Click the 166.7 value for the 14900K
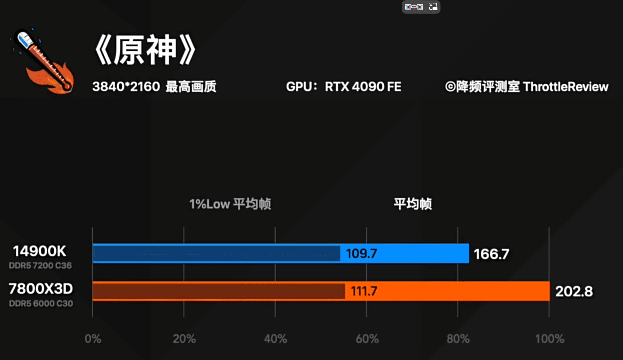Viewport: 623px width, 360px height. pyautogui.click(x=491, y=254)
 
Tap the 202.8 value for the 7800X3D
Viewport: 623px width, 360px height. pyautogui.click(x=574, y=291)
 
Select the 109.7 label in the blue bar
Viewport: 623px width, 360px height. pyautogui.click(x=361, y=254)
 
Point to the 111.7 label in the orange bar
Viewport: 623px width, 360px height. pyautogui.click(x=364, y=291)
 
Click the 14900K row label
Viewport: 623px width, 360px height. pyautogui.click(x=39, y=251)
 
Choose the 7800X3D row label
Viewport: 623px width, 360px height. pyautogui.click(x=41, y=289)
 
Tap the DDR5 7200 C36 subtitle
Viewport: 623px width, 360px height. pyautogui.click(x=40, y=265)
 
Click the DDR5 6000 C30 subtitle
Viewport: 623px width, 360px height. pyautogui.click(x=41, y=303)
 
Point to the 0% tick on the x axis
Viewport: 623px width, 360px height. pyautogui.click(x=93, y=339)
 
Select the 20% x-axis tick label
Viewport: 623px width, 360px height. pyautogui.click(x=184, y=339)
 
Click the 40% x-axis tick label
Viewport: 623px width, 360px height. pyautogui.click(x=276, y=339)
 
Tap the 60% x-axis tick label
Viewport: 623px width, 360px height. pyautogui.click(x=367, y=339)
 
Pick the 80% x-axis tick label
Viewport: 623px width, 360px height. pyautogui.click(x=458, y=339)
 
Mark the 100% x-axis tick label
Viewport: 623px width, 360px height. pyautogui.click(x=550, y=339)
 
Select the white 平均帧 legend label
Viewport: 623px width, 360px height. pyautogui.click(x=413, y=204)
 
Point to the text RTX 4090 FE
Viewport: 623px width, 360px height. pyautogui.click(x=363, y=87)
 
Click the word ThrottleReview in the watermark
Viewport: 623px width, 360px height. pyautogui.click(x=566, y=87)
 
